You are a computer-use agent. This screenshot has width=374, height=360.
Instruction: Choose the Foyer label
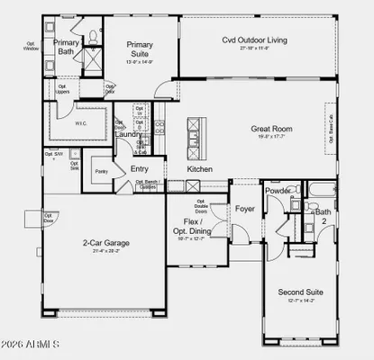coord(245,209)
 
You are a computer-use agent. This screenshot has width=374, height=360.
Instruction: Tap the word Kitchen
coord(199,168)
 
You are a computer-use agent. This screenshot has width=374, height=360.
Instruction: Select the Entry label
coord(140,168)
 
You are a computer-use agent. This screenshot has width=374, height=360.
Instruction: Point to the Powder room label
coord(278,190)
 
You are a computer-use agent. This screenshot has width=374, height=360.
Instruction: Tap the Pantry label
coord(101,170)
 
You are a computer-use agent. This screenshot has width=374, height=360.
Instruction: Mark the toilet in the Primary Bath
coord(93,38)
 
